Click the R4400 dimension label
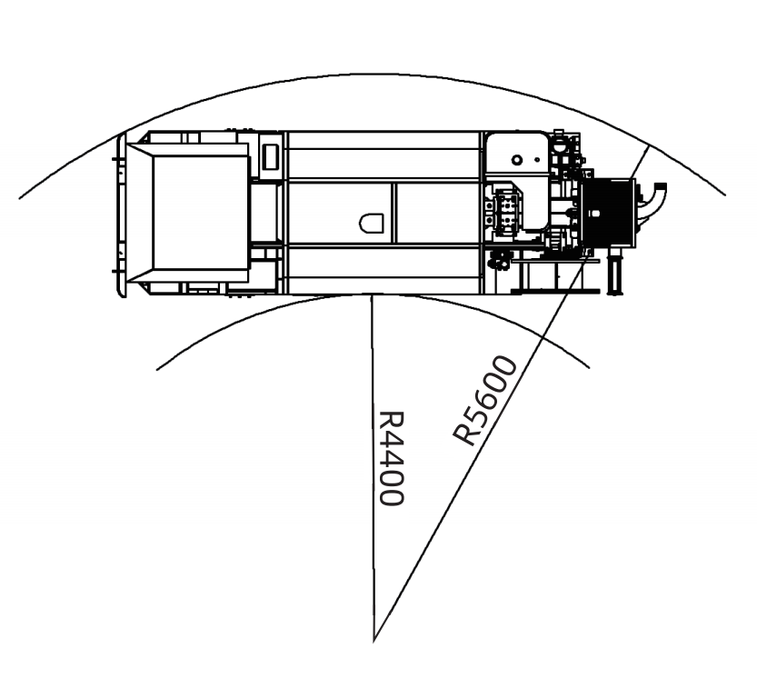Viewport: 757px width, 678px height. click(390, 458)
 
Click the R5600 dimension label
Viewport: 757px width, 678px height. click(484, 400)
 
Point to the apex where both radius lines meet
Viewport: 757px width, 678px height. click(374, 642)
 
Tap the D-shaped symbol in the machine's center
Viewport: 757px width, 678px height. click(372, 223)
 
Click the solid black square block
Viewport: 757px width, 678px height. click(607, 212)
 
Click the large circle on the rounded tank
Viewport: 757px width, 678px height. click(517, 160)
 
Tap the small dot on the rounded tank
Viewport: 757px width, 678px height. click(537, 159)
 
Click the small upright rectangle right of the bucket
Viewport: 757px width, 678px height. click(271, 157)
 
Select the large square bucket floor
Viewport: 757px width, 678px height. click(201, 213)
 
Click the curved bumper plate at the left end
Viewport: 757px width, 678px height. click(122, 214)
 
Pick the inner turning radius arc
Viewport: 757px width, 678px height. click(373, 294)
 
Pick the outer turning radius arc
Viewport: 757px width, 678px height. click(372, 75)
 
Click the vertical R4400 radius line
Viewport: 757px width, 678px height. click(373, 468)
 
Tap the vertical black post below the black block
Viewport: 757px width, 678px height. click(614, 271)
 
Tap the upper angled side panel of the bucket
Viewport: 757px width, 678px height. click(188, 149)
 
